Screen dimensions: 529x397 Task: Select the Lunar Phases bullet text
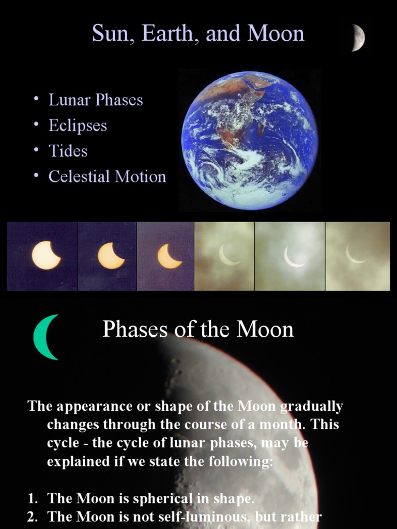96,100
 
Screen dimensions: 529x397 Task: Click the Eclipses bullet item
78,126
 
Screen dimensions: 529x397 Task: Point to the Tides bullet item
68,151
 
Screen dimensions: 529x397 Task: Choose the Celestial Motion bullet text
107,177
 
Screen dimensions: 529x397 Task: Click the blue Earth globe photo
250,140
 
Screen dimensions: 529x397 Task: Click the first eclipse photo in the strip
42,256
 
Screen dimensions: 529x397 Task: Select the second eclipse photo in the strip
107,256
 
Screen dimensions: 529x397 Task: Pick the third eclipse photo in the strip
165,256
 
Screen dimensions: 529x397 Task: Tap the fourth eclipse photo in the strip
224,256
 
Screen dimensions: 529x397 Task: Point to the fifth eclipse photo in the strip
290,256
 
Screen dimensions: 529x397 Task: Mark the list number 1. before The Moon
33,499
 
